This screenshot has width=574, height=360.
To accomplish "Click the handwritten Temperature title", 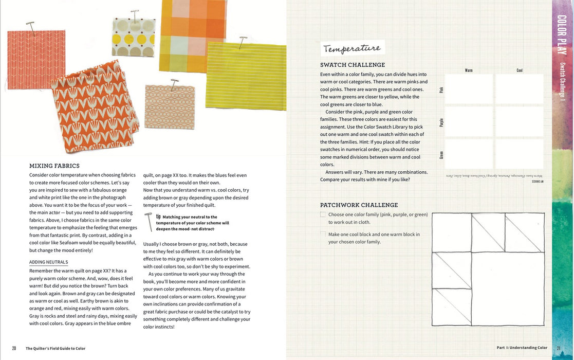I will click(353, 48).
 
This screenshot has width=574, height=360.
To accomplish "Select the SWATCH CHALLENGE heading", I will click(353, 65).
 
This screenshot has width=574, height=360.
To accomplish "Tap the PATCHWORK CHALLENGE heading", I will click(359, 205).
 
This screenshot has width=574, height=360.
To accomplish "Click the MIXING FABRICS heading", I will click(54, 166).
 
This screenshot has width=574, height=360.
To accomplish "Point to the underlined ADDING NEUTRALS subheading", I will click(48, 262).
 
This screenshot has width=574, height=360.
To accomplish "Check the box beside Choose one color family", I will click(323, 214).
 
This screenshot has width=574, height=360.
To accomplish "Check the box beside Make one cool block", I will click(323, 235).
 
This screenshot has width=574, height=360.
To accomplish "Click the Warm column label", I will click(469, 70).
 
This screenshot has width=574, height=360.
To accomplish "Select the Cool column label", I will click(520, 70).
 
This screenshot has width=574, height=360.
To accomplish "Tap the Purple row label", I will click(441, 122).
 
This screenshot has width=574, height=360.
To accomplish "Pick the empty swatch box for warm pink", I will click(469, 89).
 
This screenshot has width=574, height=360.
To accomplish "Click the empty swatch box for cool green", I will click(519, 154).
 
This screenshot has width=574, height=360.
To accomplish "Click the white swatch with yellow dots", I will click(134, 37).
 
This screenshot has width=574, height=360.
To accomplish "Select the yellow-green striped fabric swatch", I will click(247, 76).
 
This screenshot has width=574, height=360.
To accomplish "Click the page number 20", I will click(14, 348).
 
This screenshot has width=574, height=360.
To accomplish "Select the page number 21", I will click(558, 348).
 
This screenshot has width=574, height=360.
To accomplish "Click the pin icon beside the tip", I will click(149, 222).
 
